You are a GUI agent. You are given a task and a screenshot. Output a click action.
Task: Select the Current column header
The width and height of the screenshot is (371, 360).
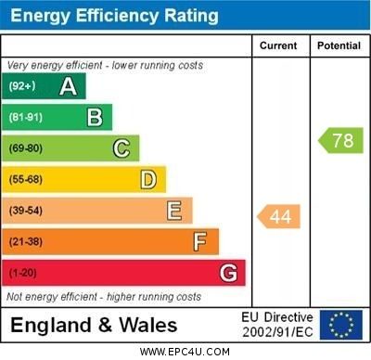pyautogui.click(x=278, y=45)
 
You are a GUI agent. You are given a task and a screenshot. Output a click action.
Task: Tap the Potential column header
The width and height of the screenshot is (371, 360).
pyautogui.click(x=339, y=45)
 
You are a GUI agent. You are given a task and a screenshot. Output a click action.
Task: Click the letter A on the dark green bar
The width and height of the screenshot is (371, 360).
pyautogui.click(x=68, y=86)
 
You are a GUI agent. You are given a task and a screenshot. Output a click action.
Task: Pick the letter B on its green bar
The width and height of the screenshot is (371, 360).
pyautogui.click(x=95, y=117)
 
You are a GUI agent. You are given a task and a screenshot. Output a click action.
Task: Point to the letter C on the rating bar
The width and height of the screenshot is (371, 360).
pyautogui.click(x=122, y=148)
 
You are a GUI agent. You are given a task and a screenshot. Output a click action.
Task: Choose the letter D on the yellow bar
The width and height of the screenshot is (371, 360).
pyautogui.click(x=148, y=179)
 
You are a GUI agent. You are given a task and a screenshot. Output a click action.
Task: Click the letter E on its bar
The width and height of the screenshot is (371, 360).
pyautogui.click(x=174, y=211)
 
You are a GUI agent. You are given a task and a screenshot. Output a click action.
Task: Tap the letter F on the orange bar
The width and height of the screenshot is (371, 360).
pyautogui.click(x=200, y=242)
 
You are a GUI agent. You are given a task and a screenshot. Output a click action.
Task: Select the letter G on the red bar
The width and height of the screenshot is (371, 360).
pyautogui.click(x=228, y=273)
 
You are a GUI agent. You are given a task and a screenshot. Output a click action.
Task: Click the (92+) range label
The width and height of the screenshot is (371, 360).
pyautogui.click(x=22, y=86)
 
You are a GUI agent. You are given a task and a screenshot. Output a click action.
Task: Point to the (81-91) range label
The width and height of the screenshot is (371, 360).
pyautogui.click(x=25, y=118)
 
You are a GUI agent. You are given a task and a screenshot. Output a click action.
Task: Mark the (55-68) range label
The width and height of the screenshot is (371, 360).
pyautogui.click(x=25, y=180)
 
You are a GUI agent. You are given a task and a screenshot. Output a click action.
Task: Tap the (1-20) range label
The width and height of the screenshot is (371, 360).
pyautogui.click(x=22, y=274)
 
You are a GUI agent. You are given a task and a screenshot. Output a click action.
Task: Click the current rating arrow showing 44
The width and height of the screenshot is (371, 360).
pyautogui.click(x=278, y=216)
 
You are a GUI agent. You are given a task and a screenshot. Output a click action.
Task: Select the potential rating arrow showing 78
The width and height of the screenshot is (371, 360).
pyautogui.click(x=340, y=141)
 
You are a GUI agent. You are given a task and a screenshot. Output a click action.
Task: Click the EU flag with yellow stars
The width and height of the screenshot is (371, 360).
pyautogui.click(x=341, y=325)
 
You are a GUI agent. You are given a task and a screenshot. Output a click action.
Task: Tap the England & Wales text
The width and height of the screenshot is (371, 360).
pyautogui.click(x=94, y=325)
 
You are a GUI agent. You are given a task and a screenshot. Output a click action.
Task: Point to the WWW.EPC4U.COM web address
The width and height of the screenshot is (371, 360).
pyautogui.click(x=185, y=352)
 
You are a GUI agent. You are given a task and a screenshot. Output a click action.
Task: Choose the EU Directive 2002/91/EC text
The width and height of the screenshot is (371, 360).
pyautogui.click(x=276, y=325)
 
